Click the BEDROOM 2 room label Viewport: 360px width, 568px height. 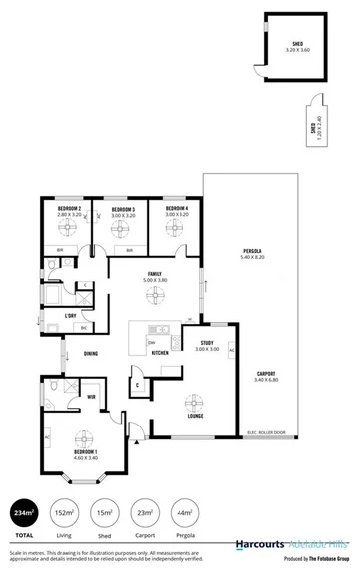pos(68,209)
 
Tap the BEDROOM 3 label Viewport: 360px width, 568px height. pos(123,209)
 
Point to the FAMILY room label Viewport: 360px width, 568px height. pos(155,274)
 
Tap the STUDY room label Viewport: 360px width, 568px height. pos(207,342)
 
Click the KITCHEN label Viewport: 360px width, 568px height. pos(159,352)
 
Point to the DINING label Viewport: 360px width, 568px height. pos(91,354)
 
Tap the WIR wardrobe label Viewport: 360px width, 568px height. pos(90,397)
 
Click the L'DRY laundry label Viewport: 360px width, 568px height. pos(70,316)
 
